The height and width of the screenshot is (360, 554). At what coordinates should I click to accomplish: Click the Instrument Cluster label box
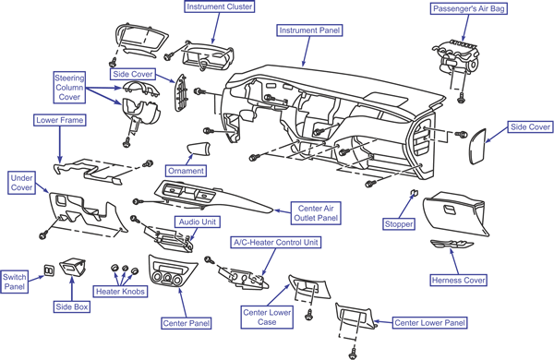pyautogui.click(x=219, y=6)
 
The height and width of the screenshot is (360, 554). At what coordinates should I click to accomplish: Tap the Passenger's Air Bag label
pyautogui.click(x=468, y=8)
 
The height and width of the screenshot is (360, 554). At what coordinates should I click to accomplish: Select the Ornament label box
pyautogui.click(x=186, y=171)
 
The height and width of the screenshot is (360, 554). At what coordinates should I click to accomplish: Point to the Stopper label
pyautogui.click(x=399, y=224)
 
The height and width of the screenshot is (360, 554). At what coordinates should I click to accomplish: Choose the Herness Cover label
pyautogui.click(x=458, y=281)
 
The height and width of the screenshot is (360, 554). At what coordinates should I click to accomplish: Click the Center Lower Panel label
pyautogui.click(x=429, y=322)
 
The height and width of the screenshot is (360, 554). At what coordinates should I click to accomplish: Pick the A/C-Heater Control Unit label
pyautogui.click(x=275, y=243)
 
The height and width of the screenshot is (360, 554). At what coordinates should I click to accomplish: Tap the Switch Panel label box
pyautogui.click(x=14, y=282)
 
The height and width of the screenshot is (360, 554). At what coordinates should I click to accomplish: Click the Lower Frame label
pyautogui.click(x=60, y=120)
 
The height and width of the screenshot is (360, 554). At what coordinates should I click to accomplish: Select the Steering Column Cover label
pyautogui.click(x=69, y=88)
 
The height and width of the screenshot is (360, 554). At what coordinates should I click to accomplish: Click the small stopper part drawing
pyautogui.click(x=414, y=192)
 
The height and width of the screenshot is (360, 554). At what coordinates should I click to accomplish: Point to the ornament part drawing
pyautogui.click(x=199, y=149)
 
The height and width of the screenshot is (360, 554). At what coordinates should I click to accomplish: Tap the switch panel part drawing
pyautogui.click(x=49, y=270)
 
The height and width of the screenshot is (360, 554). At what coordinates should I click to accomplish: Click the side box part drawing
pyautogui.click(x=73, y=267)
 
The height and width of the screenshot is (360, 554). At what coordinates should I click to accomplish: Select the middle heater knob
pyautogui.click(x=125, y=269)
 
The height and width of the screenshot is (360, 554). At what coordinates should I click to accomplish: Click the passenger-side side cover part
pyautogui.click(x=477, y=146)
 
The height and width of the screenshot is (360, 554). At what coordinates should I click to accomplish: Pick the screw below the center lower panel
pyautogui.click(x=353, y=354)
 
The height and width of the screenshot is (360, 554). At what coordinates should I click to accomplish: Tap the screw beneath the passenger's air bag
pyautogui.click(x=461, y=98)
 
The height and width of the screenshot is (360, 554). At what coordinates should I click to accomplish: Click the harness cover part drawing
pyautogui.click(x=452, y=245)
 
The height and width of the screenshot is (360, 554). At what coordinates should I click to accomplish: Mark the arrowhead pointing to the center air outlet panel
pyautogui.click(x=277, y=210)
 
